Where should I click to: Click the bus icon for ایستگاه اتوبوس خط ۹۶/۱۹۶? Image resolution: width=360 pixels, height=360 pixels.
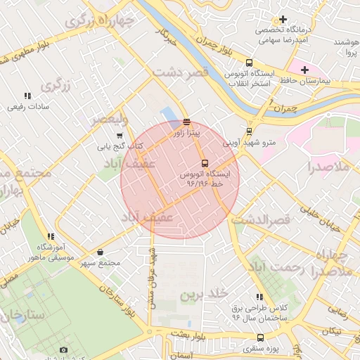point(205,163)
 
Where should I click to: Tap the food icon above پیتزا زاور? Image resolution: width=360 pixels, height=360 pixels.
point(186,122)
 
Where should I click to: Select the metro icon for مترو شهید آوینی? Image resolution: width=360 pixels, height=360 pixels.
point(250,131)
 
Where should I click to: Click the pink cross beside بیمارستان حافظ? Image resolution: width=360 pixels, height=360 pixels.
point(304,70)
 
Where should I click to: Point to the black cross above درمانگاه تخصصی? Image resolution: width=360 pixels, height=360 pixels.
point(283,20)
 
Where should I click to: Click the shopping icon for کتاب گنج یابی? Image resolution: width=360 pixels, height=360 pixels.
point(120,136)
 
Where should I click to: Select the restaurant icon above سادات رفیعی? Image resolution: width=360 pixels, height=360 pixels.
point(27,96)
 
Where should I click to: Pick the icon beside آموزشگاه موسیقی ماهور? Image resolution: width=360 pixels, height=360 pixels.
point(50,237)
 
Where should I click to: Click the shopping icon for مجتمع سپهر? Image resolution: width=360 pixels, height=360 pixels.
point(100,252)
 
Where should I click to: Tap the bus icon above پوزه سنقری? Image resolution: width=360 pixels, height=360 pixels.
point(261,337)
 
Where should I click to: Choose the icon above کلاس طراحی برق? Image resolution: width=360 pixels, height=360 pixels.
point(260,297)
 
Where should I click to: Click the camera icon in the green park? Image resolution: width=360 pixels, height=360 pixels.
point(64,350)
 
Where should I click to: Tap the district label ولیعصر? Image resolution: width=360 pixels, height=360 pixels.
point(109,120)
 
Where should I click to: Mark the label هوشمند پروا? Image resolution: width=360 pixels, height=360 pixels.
point(346,48)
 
